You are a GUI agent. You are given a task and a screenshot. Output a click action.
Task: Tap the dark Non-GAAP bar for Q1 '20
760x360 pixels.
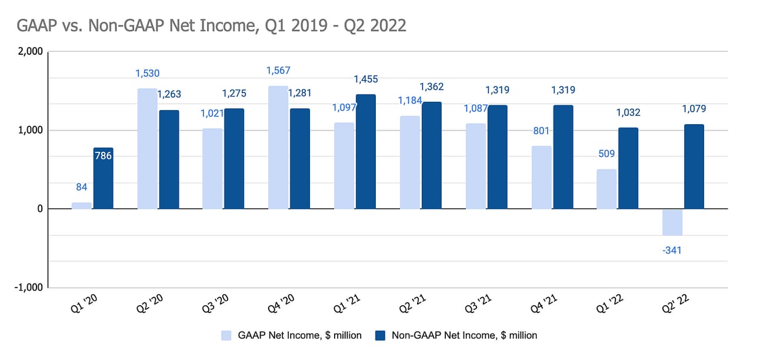pyautogui.click(x=103, y=178)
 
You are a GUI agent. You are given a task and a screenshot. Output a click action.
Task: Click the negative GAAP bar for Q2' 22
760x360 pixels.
pyautogui.click(x=672, y=222)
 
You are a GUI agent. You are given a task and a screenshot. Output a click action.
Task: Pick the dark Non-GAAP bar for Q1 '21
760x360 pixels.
pyautogui.click(x=365, y=151)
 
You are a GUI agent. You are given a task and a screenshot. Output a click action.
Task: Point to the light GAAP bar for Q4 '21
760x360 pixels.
pyautogui.click(x=541, y=177)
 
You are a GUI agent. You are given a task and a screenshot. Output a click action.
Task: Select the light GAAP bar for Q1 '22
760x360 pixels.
pyautogui.click(x=606, y=189)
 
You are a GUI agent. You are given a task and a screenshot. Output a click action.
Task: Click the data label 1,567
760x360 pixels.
pyautogui.click(x=278, y=71)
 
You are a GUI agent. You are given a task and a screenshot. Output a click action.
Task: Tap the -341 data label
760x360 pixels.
pyautogui.click(x=671, y=251)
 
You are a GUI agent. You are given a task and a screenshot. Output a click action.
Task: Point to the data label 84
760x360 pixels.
pyautogui.click(x=82, y=188)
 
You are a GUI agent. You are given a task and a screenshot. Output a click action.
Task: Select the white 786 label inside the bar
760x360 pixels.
pyautogui.click(x=104, y=156)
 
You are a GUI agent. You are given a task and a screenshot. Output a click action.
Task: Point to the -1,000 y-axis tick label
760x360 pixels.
pyautogui.click(x=28, y=288)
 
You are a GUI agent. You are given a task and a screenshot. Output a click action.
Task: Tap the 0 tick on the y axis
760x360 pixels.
pyautogui.click(x=39, y=209)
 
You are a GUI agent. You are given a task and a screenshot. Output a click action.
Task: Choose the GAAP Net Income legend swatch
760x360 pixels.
pyautogui.click(x=226, y=335)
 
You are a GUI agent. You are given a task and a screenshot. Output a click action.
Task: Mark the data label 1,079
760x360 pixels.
pyautogui.click(x=694, y=109)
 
